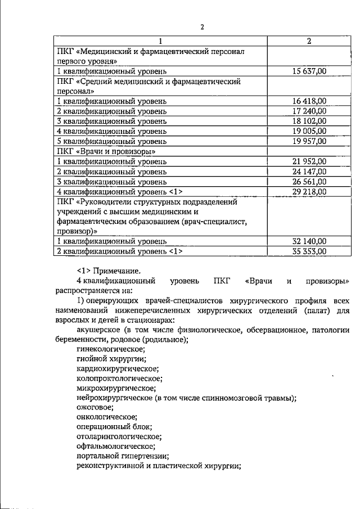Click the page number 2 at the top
point(201,27)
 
